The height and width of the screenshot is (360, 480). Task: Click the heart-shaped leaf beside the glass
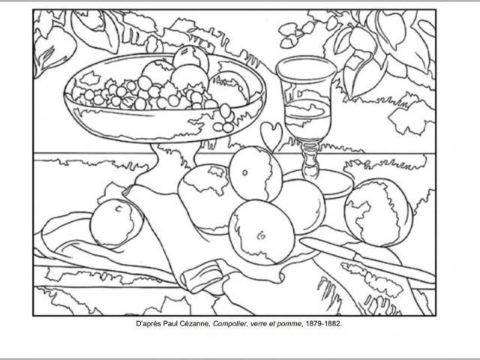(271, 135)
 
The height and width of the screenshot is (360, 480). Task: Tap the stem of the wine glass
(310, 159)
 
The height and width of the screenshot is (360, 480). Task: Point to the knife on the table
(367, 260)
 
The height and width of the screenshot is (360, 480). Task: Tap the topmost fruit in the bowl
(190, 58)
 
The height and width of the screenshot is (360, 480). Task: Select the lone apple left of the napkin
(116, 223)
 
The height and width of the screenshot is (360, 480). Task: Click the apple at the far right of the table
(379, 212)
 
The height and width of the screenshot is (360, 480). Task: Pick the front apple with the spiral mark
(262, 232)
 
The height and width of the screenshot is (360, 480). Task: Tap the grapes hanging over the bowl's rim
(225, 118)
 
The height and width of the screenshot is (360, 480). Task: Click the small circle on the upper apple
(244, 172)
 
